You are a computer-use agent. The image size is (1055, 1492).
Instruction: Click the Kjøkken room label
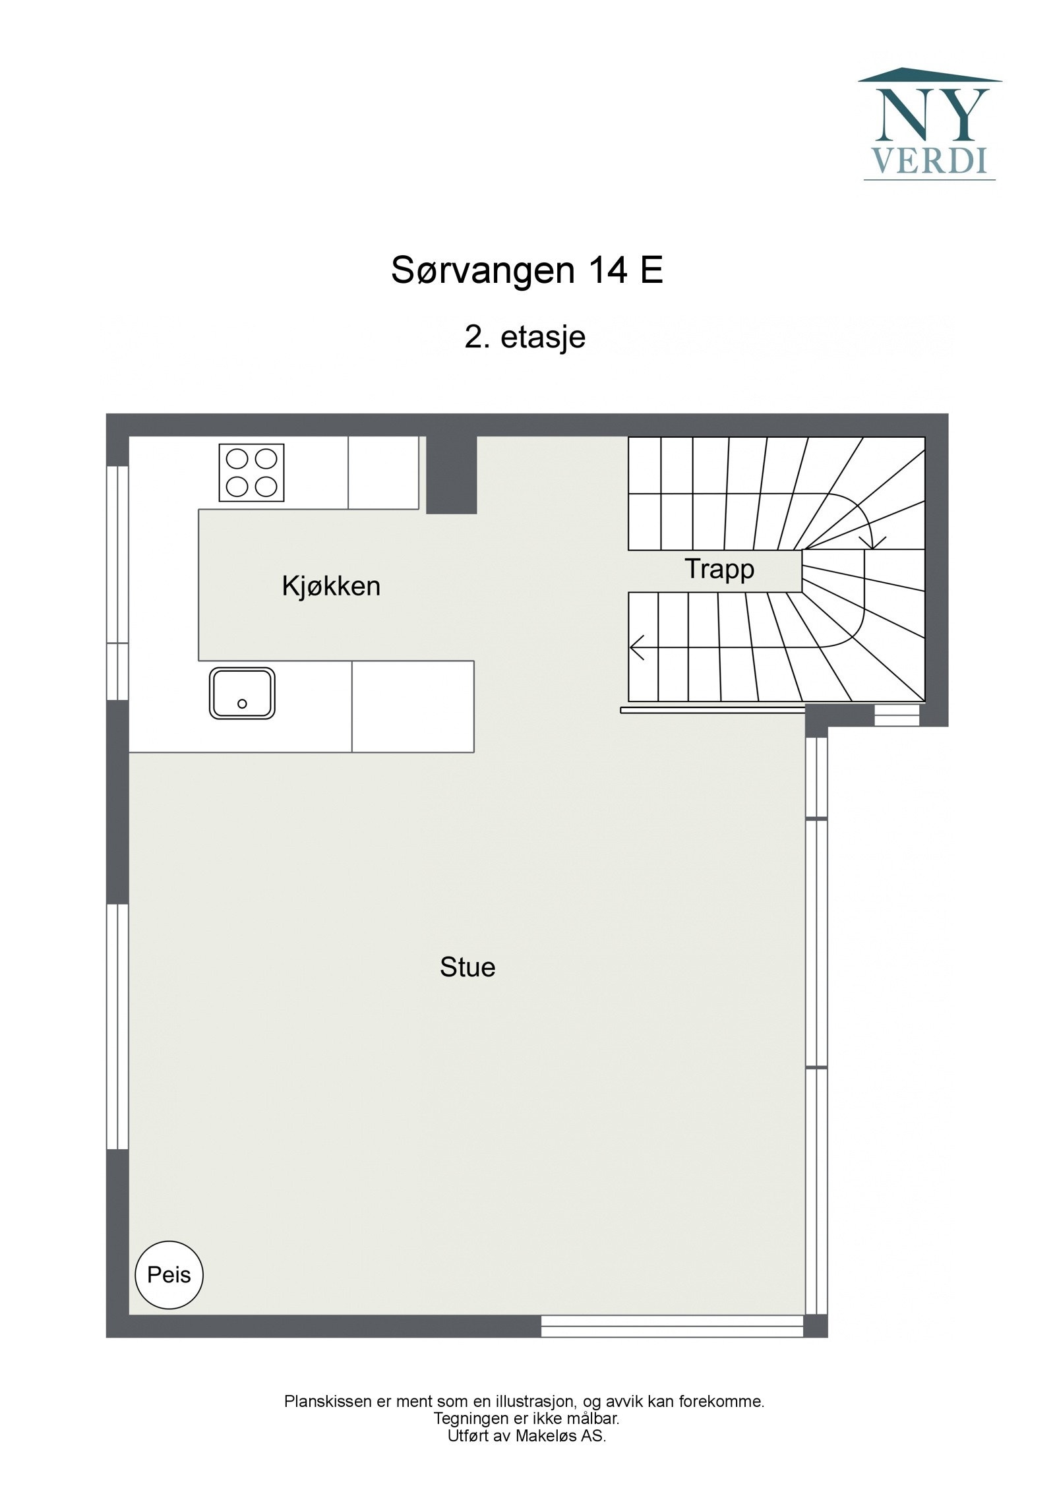(x=331, y=586)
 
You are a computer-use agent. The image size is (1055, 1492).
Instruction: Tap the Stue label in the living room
(x=467, y=967)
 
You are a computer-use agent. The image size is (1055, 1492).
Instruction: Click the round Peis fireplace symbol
(x=169, y=1274)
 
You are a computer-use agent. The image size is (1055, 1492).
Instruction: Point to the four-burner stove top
(x=251, y=472)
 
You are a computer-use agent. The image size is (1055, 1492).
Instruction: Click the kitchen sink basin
(x=242, y=693)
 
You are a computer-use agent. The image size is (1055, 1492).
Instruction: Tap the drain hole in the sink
(x=242, y=703)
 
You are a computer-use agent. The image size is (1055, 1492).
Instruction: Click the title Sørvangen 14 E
(x=527, y=270)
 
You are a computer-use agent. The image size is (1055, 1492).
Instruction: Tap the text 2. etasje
(x=525, y=337)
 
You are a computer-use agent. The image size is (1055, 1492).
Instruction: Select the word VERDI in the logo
(x=930, y=161)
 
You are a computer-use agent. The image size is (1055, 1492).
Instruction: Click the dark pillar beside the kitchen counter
(x=451, y=474)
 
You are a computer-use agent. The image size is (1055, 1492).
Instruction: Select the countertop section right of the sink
(x=413, y=706)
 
